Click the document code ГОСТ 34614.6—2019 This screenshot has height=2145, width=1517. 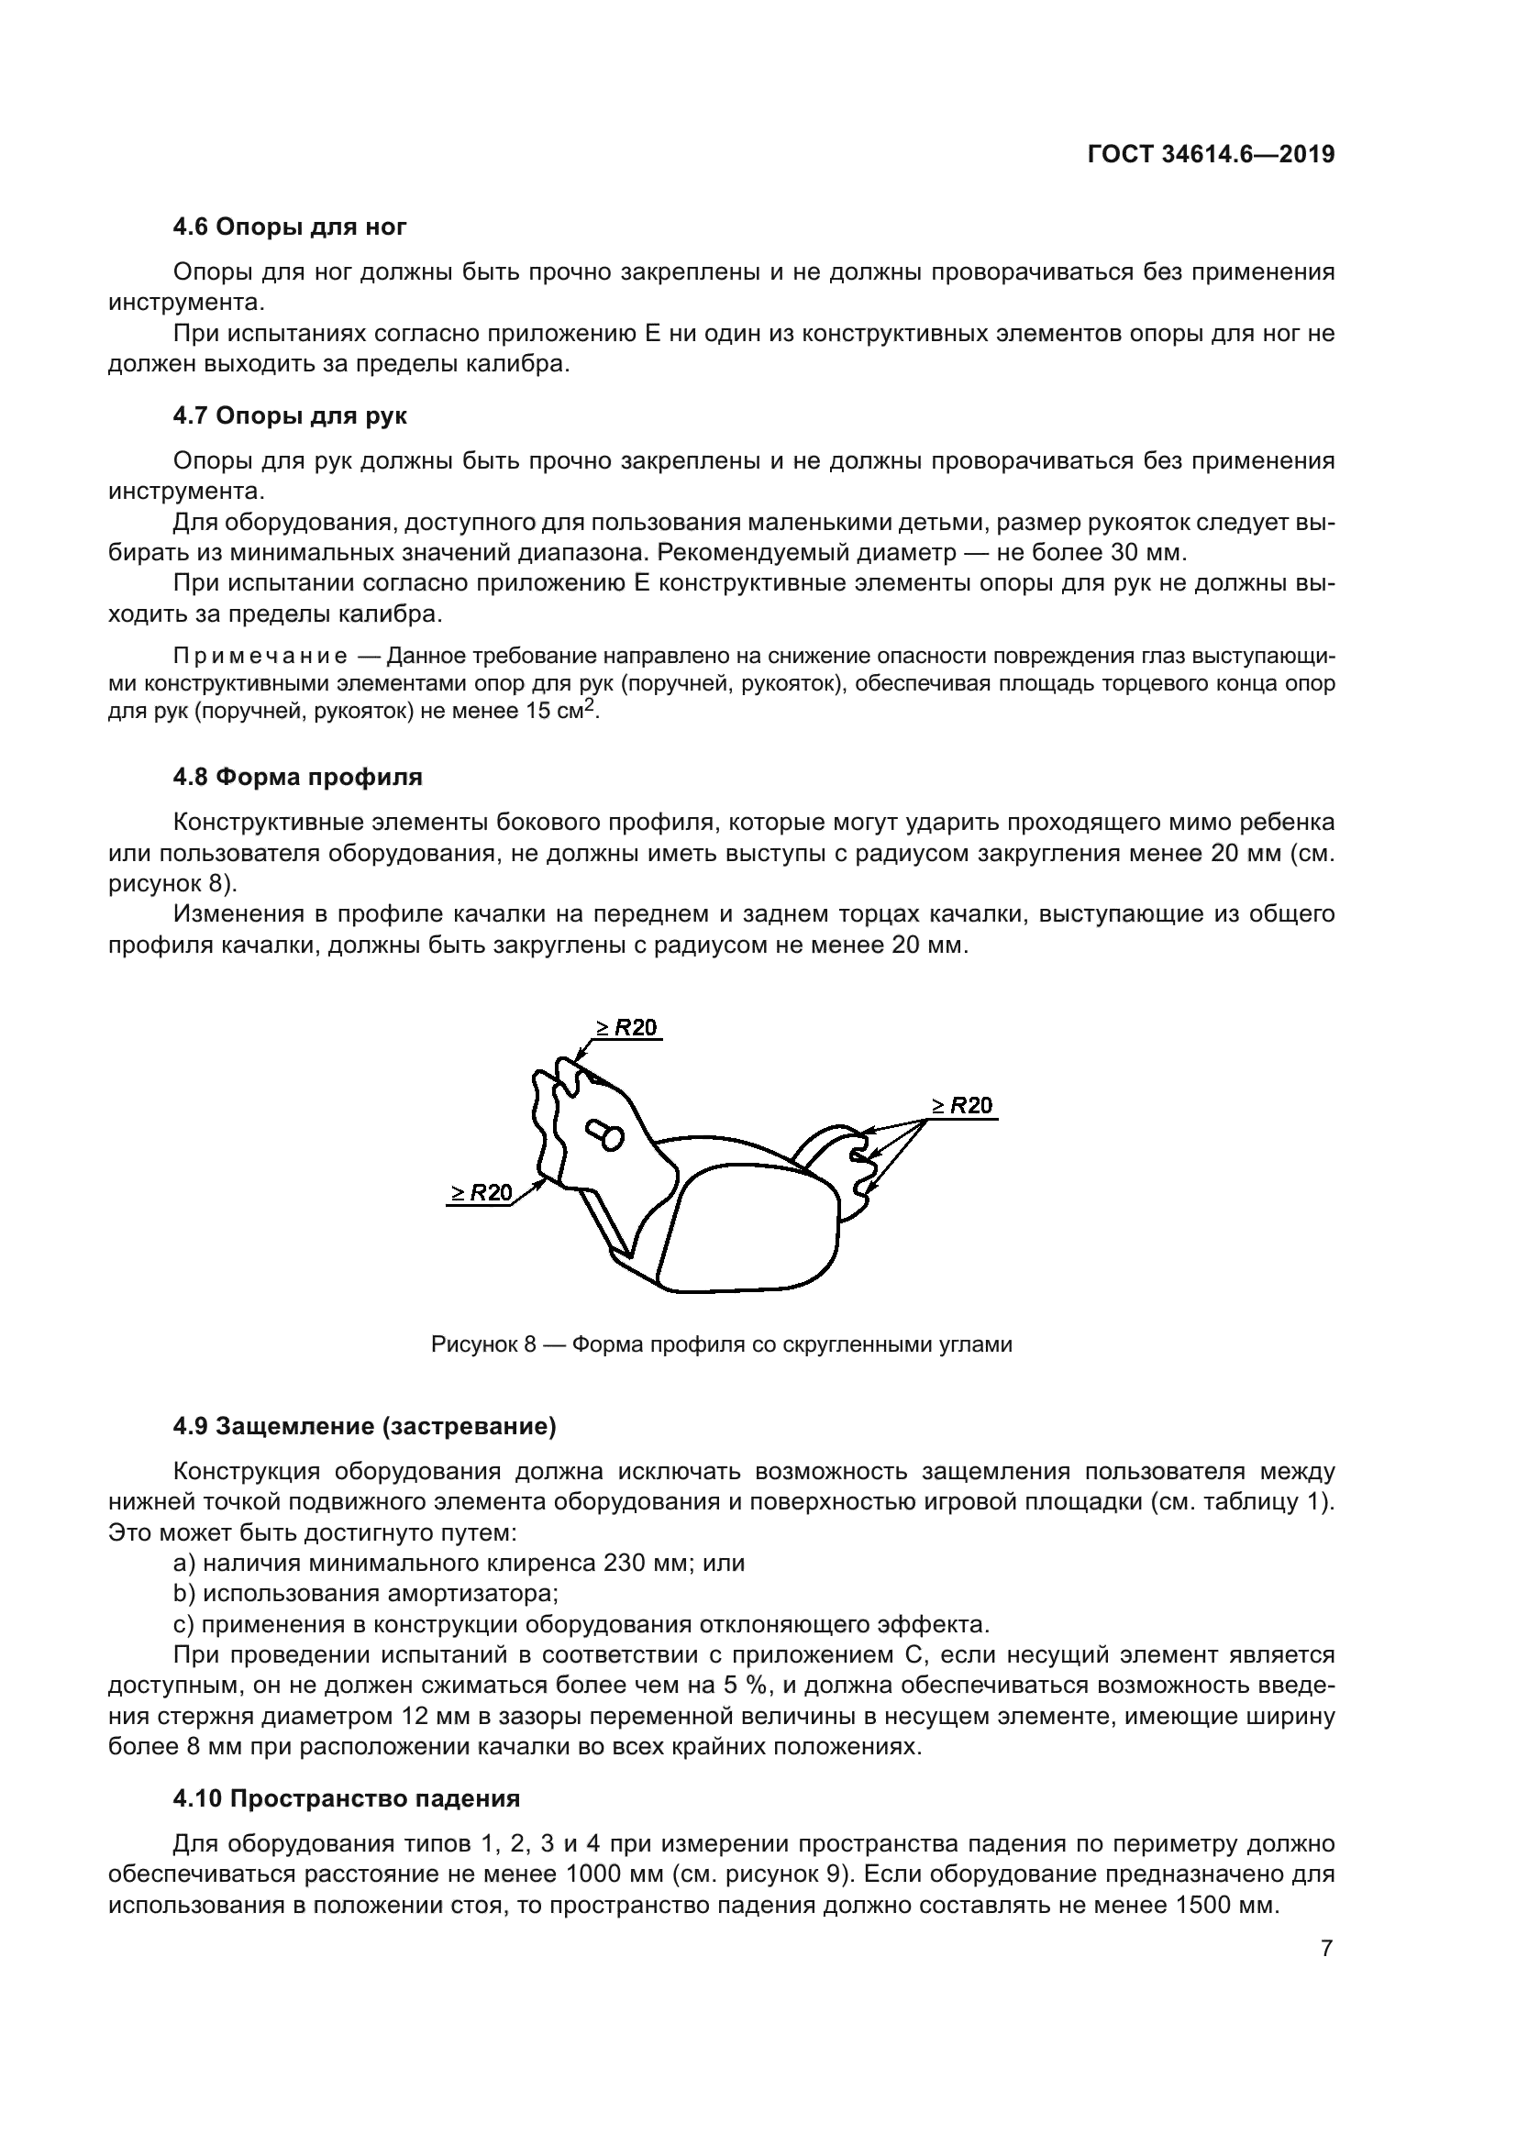click(x=1211, y=154)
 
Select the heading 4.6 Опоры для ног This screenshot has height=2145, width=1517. click(x=290, y=227)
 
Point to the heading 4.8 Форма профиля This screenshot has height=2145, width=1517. click(x=297, y=777)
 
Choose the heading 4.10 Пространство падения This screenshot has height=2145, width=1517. click(x=346, y=1798)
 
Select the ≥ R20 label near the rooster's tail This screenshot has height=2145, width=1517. click(x=962, y=1105)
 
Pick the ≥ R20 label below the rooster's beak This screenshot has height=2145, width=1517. click(x=482, y=1192)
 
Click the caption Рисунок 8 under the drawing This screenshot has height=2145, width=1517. click(x=721, y=1344)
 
